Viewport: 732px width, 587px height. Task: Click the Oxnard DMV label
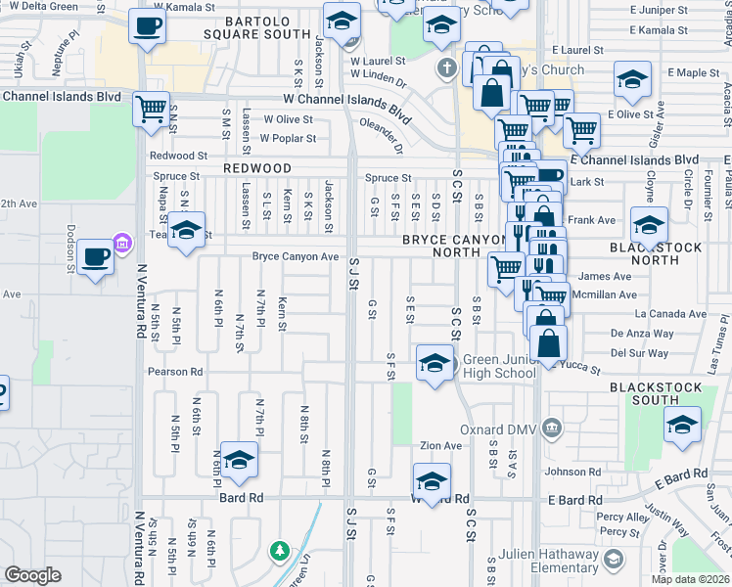coord(497,429)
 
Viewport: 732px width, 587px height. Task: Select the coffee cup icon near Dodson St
coord(95,257)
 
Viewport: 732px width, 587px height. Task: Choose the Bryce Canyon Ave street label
coord(296,257)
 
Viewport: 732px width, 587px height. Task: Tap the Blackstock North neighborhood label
coord(668,253)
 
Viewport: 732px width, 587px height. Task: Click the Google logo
coord(33,575)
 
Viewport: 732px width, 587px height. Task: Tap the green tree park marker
coord(281,551)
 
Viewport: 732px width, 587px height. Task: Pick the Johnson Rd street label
coord(566,473)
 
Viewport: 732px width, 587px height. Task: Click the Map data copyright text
coord(690,579)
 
